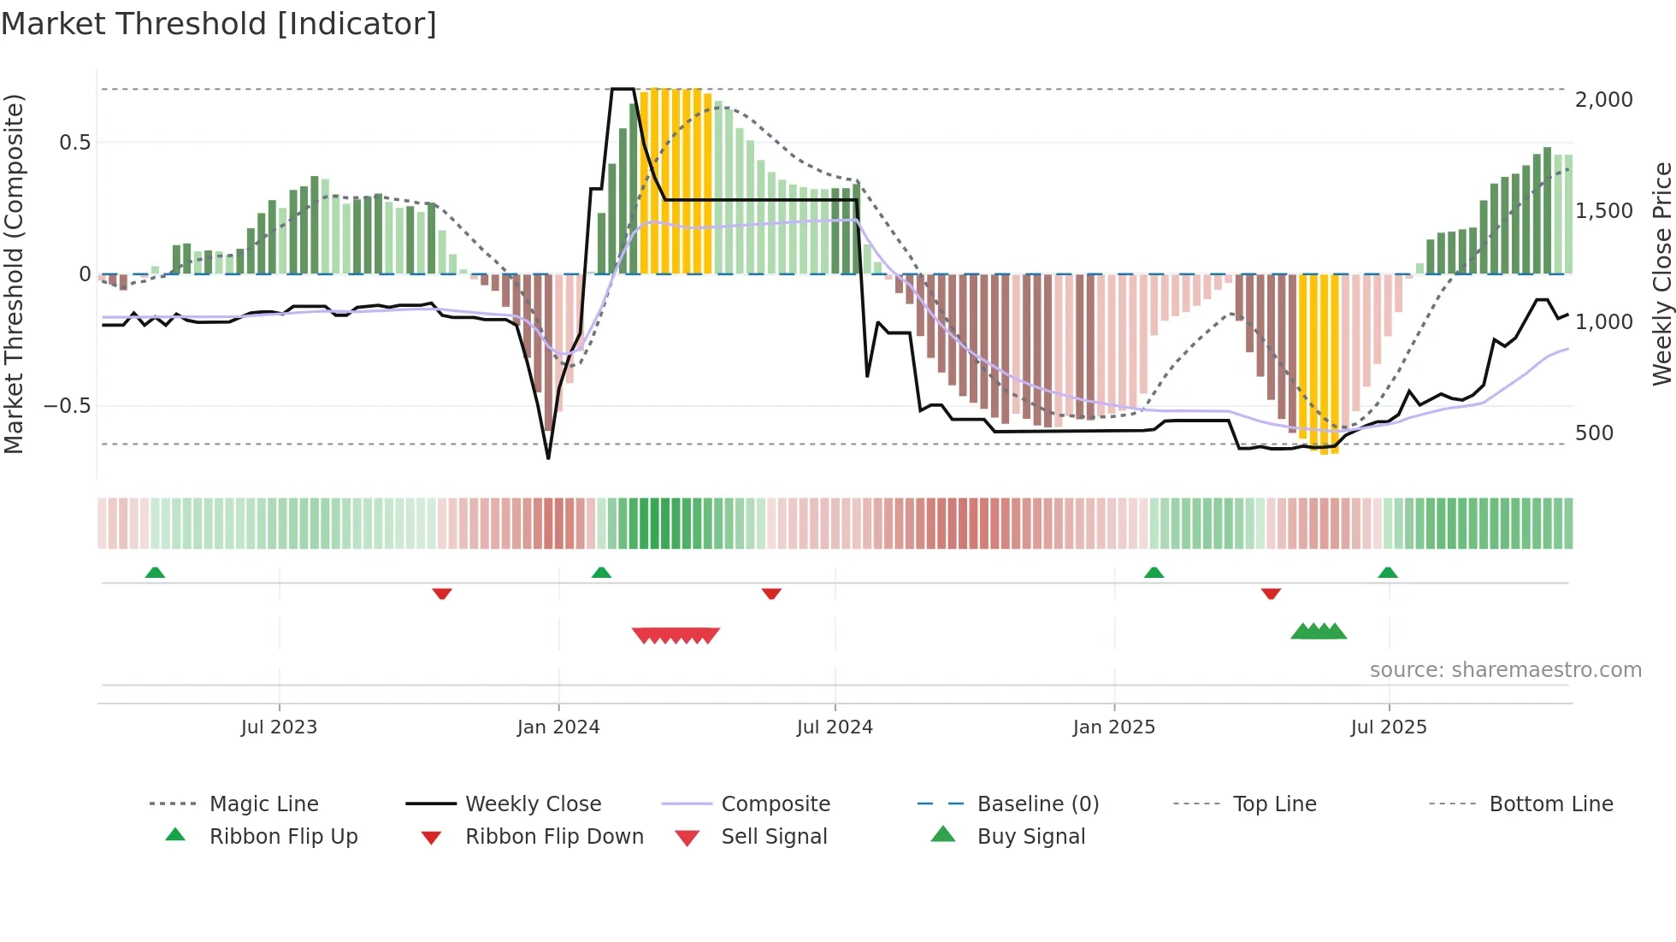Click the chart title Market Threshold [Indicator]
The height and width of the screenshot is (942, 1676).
click(219, 24)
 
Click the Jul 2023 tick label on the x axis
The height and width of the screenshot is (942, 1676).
click(279, 727)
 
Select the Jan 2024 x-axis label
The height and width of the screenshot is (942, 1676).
click(558, 727)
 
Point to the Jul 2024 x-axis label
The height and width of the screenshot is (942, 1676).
click(835, 727)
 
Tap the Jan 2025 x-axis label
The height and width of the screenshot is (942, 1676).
click(1113, 727)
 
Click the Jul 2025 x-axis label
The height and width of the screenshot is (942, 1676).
click(1389, 727)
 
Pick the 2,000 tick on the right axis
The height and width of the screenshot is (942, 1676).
click(1603, 100)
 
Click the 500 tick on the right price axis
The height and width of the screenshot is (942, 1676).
click(1594, 433)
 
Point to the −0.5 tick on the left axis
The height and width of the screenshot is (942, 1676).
click(68, 406)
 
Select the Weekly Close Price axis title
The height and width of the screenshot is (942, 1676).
click(1661, 274)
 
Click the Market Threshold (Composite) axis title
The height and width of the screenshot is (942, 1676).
click(14, 274)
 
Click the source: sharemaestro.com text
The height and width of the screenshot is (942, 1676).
click(1505, 670)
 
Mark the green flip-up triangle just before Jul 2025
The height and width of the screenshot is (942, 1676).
click(1388, 573)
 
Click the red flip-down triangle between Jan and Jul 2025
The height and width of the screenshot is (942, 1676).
click(1271, 593)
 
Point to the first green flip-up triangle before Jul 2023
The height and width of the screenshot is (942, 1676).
click(155, 573)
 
